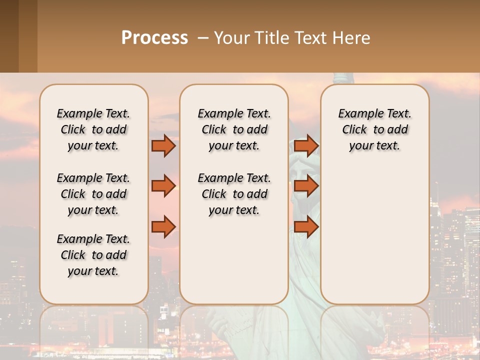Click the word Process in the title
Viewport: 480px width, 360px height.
coord(154,37)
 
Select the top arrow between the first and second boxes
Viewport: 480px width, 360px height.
coord(163,146)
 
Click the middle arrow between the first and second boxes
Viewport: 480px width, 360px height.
coord(163,186)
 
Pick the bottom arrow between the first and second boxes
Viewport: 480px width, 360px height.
coord(163,227)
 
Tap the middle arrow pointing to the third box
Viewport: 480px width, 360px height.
coord(306,186)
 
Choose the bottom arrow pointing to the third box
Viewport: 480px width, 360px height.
coord(306,227)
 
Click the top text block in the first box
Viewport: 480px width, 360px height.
coord(93,129)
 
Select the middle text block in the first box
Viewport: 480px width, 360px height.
coord(93,194)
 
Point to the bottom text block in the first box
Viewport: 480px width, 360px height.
coord(93,255)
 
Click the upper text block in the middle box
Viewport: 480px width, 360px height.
coord(234,129)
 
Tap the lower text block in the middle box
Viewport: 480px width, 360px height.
coord(234,194)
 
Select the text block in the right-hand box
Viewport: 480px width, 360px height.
coord(374,129)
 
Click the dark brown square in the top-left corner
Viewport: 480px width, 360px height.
coord(9,36)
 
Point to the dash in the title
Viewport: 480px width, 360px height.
coord(203,37)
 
